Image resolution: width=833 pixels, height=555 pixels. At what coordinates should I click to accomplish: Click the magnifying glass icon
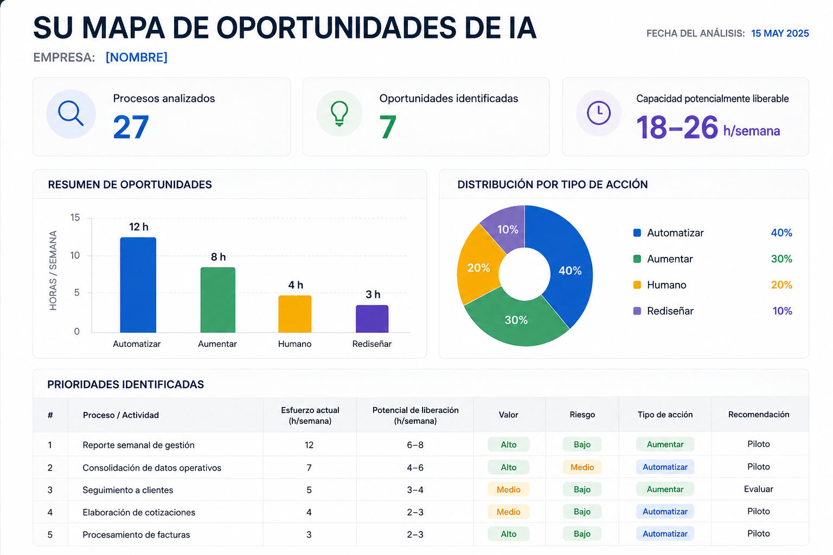point(71,113)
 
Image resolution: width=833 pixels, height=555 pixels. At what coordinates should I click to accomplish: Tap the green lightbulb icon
point(339,113)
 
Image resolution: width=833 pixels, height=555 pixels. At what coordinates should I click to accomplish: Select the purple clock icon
point(599,113)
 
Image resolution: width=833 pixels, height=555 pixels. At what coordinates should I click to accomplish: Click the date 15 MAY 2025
point(780,34)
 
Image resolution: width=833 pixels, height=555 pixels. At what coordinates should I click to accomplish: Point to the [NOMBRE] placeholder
point(137,57)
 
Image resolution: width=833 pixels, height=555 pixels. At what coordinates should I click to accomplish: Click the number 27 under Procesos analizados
point(131,127)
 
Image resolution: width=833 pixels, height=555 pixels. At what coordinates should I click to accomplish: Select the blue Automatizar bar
point(138,285)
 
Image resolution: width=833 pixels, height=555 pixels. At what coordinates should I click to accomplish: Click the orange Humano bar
point(295,314)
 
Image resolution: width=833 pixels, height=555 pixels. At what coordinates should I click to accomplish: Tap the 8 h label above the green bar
point(219,257)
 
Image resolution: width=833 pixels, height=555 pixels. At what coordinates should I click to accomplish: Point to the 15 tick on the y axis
point(75,217)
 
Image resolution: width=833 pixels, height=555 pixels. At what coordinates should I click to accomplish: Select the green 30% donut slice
point(516,320)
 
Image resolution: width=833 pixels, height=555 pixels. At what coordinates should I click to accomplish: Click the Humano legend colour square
point(637,285)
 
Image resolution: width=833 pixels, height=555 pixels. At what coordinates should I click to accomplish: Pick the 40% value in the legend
point(781,233)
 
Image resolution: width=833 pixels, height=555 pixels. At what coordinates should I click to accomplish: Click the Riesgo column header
point(582,415)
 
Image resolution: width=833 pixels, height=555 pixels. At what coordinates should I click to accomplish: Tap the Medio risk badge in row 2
point(582,467)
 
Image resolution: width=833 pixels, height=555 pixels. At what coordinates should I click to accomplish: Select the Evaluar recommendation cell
point(758,489)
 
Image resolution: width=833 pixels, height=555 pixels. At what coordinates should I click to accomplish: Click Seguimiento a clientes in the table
point(127,490)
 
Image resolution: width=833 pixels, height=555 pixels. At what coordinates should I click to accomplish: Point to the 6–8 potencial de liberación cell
point(415,445)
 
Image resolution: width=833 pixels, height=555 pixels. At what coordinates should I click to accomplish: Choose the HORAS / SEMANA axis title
point(53,270)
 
